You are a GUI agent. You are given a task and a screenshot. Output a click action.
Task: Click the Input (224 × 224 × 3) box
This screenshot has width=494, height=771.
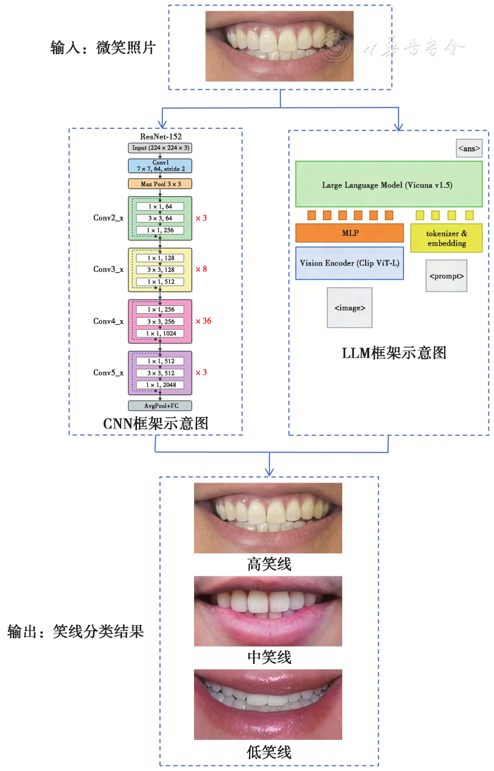tap(160, 148)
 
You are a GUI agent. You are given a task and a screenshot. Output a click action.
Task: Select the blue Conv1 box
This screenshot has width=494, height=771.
tap(160, 166)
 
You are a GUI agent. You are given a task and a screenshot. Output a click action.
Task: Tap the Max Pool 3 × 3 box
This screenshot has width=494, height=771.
tap(160, 184)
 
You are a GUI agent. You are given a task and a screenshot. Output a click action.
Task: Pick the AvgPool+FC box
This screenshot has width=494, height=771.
tap(160, 406)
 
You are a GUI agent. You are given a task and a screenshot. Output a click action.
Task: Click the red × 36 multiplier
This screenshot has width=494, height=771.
tap(203, 321)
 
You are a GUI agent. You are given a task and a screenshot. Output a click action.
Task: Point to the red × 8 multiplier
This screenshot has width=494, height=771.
tap(201, 269)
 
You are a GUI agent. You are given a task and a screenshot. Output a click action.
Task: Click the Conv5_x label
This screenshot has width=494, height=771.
tap(108, 373)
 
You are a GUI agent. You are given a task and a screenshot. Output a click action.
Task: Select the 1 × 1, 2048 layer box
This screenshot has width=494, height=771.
tap(160, 385)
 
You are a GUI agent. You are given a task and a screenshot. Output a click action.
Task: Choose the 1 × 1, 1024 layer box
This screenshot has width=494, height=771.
tap(160, 334)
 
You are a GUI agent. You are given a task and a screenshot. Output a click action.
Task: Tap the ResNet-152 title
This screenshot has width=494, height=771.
tap(161, 137)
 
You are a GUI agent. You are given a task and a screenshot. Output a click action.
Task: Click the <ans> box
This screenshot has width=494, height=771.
tap(469, 148)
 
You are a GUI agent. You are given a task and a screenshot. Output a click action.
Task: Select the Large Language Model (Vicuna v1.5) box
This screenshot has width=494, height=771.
tap(389, 184)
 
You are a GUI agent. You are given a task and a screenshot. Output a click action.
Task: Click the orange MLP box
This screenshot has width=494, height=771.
tap(349, 233)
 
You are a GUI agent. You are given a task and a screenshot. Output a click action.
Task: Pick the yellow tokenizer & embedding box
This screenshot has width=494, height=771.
tap(446, 238)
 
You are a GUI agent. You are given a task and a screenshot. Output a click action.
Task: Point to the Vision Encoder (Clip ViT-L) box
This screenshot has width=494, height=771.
tap(349, 263)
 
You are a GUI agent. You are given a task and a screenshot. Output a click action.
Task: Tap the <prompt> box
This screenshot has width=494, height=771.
tap(446, 276)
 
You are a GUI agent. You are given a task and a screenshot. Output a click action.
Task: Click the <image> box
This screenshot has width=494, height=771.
tap(349, 308)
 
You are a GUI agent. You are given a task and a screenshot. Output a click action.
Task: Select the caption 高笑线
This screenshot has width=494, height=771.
tap(269, 564)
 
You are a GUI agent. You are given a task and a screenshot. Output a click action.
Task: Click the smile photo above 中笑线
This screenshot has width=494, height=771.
tap(268, 611)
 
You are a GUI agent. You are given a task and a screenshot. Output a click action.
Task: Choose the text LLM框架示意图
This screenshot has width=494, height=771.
tap(394, 353)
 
